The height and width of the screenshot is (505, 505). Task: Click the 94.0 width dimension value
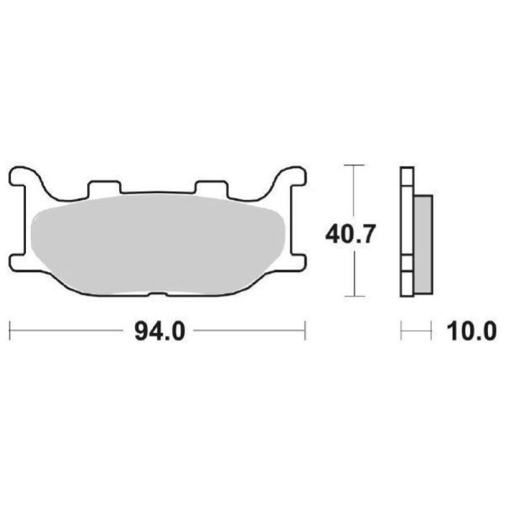point(158,331)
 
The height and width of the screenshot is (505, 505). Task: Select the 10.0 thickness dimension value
point(470,331)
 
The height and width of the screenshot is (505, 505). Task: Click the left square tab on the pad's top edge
point(104,187)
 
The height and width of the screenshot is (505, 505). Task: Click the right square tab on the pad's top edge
point(211,187)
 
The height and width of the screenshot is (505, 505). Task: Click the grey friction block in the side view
point(422,243)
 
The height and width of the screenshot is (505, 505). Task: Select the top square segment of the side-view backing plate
point(407,177)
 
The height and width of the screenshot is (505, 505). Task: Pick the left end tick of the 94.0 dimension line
point(10,330)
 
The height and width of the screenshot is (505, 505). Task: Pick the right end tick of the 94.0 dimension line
point(306,330)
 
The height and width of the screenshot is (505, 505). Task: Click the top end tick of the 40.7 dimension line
point(355,165)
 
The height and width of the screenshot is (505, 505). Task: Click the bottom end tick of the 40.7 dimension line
point(355,295)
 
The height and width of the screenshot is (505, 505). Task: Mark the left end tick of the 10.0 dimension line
point(401,330)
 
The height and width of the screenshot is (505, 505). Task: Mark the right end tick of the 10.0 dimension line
point(432,330)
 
